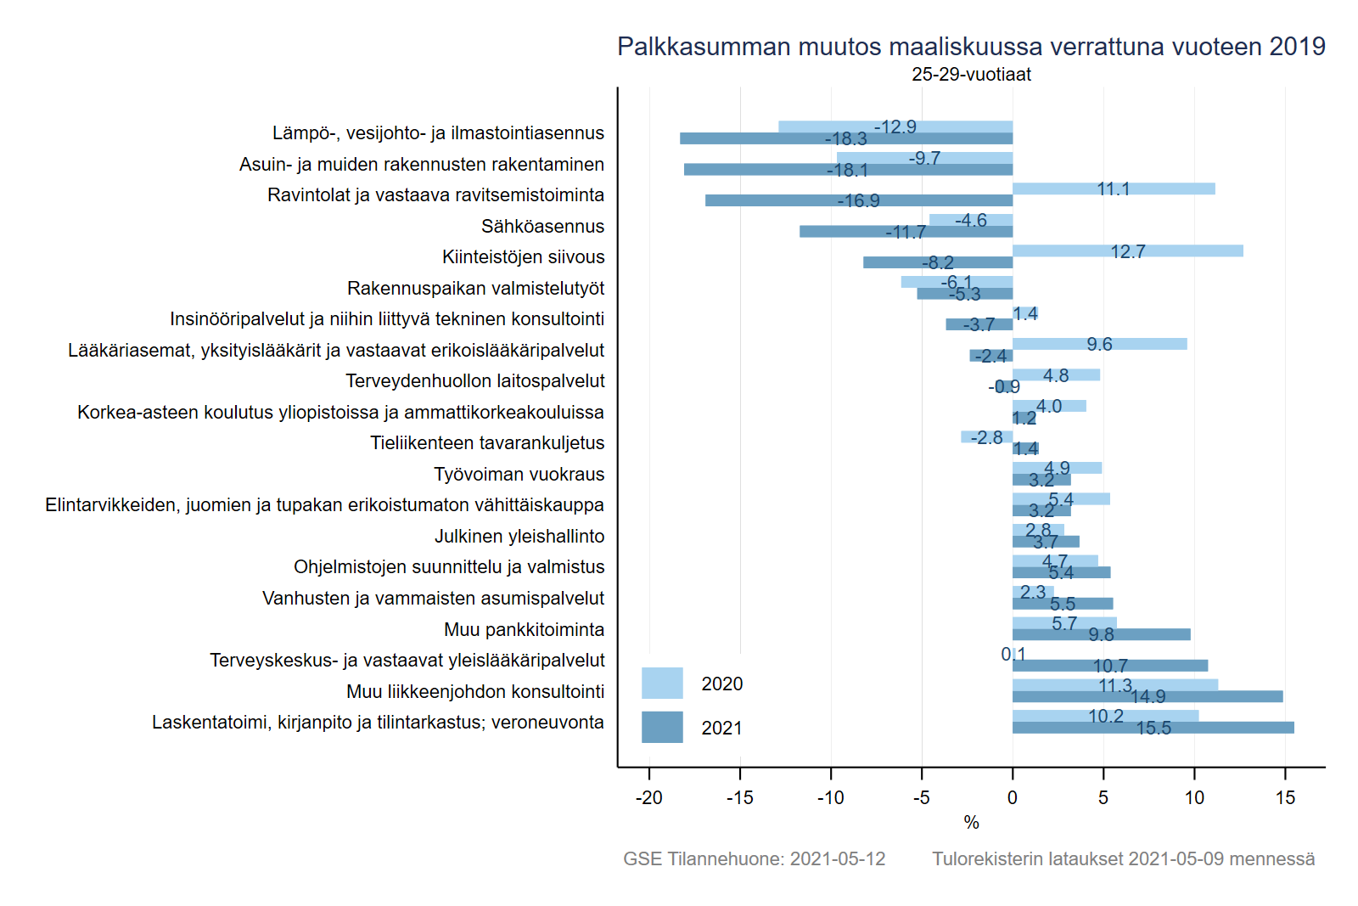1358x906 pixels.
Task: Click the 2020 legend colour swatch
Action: point(662,684)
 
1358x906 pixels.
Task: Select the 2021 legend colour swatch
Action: point(662,727)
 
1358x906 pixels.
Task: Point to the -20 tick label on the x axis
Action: point(649,797)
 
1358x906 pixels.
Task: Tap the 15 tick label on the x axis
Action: point(1285,797)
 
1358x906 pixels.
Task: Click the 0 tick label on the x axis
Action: point(1013,797)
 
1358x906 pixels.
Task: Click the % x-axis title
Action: point(971,822)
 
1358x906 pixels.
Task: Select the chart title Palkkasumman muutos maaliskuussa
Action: point(971,47)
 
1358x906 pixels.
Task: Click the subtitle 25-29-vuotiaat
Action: point(971,75)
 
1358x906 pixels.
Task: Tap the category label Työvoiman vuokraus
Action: point(519,474)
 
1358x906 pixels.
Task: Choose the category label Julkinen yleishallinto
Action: point(519,536)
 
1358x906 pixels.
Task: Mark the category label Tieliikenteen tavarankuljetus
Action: point(487,442)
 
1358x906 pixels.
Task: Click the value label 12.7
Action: point(1128,251)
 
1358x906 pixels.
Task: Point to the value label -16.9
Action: point(858,201)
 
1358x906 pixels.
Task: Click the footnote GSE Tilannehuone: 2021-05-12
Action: point(754,858)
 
